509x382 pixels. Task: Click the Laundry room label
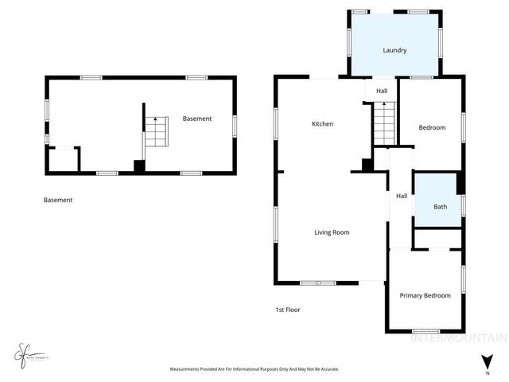394,50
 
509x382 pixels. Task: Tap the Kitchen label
322,124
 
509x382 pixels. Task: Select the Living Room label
332,232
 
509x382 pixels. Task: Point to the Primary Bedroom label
425,295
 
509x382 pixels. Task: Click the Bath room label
440,207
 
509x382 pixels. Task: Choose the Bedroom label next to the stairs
432,127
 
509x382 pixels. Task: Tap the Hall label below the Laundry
382,91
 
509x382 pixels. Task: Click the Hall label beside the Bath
402,196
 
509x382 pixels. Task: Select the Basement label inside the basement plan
197,119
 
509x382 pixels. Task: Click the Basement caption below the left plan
58,200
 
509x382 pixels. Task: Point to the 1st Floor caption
288,310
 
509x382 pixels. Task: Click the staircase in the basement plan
157,131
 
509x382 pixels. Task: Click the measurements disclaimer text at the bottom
254,369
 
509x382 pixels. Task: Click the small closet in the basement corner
62,160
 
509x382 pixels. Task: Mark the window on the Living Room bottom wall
317,283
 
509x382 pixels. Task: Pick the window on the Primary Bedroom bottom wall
425,331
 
